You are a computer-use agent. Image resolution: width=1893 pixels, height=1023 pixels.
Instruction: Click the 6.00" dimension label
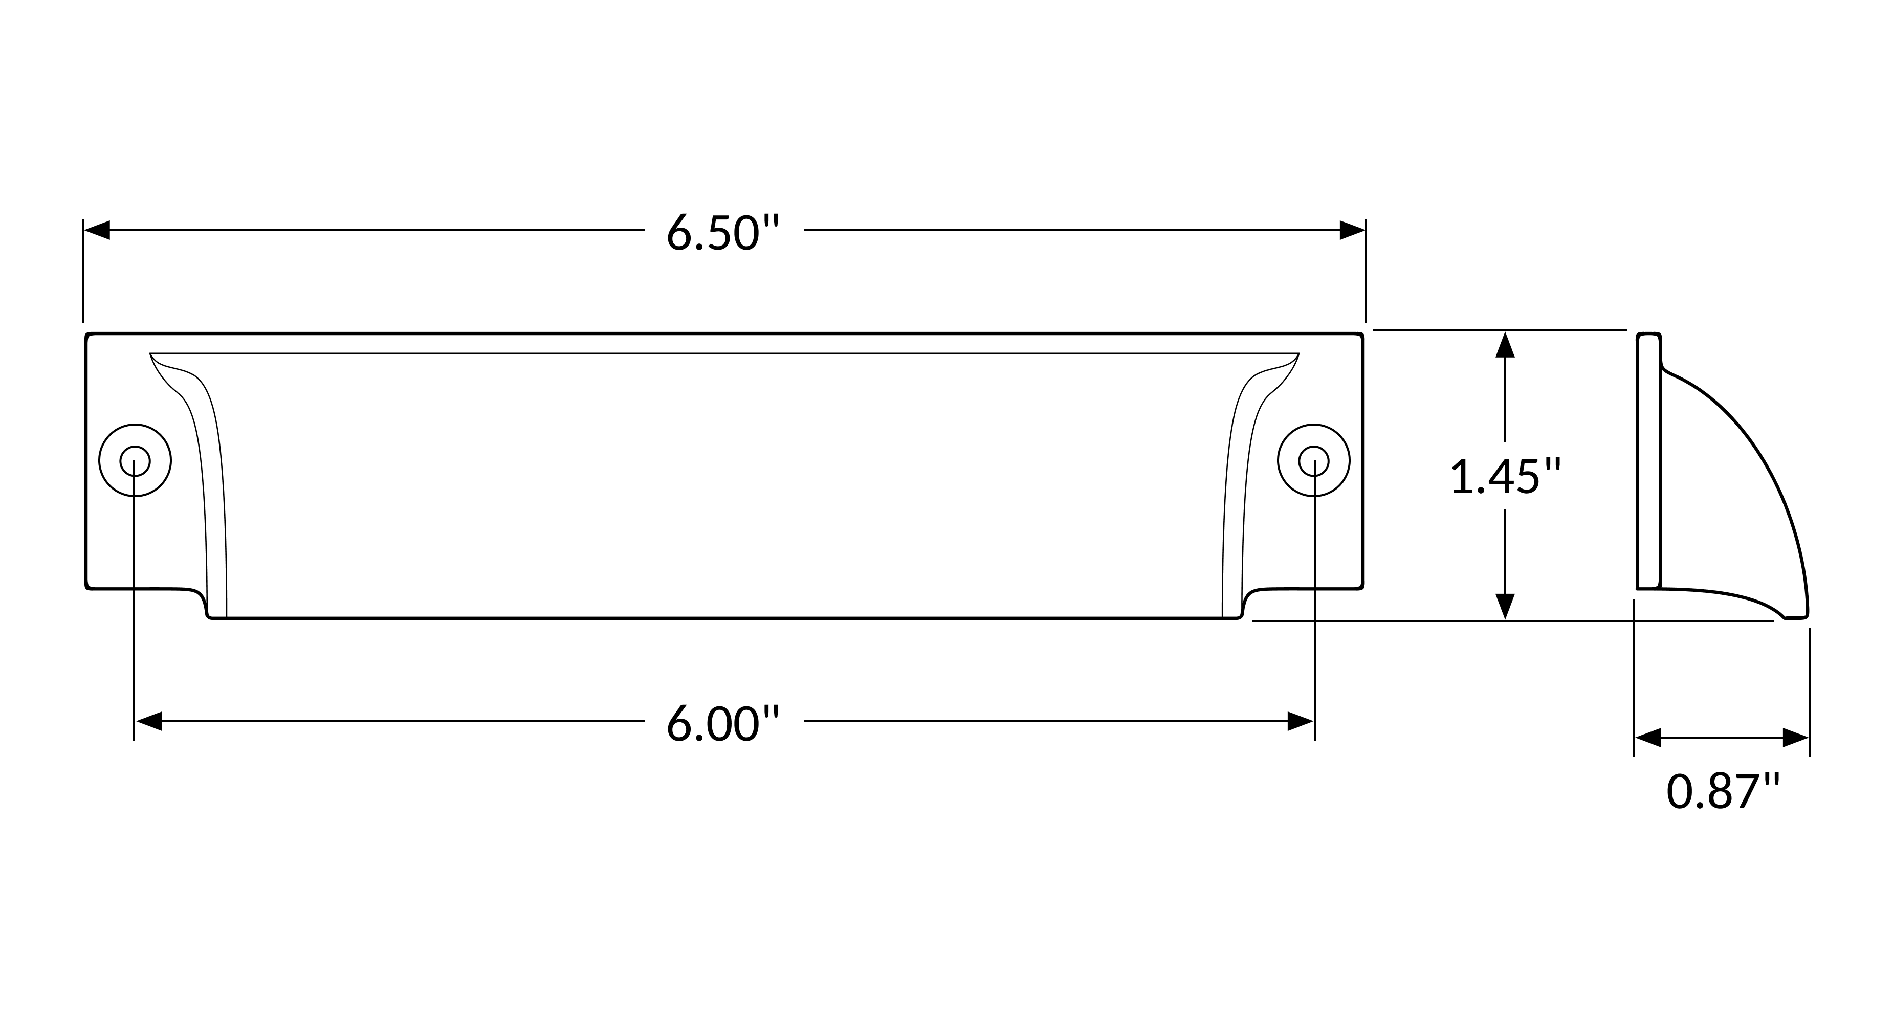coord(722,724)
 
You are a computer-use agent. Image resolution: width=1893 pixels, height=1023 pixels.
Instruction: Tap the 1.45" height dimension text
coord(1505,476)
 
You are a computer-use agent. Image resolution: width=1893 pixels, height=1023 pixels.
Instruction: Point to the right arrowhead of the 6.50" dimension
coord(1352,230)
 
